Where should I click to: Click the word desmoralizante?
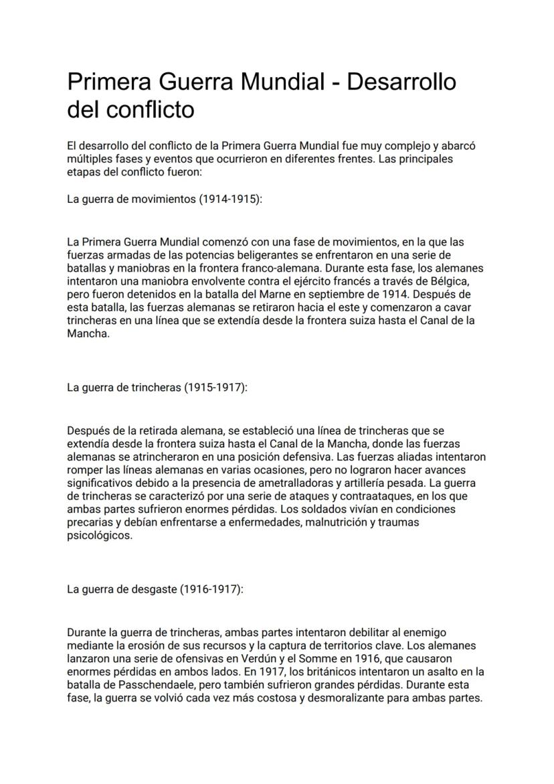[x=347, y=699]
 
